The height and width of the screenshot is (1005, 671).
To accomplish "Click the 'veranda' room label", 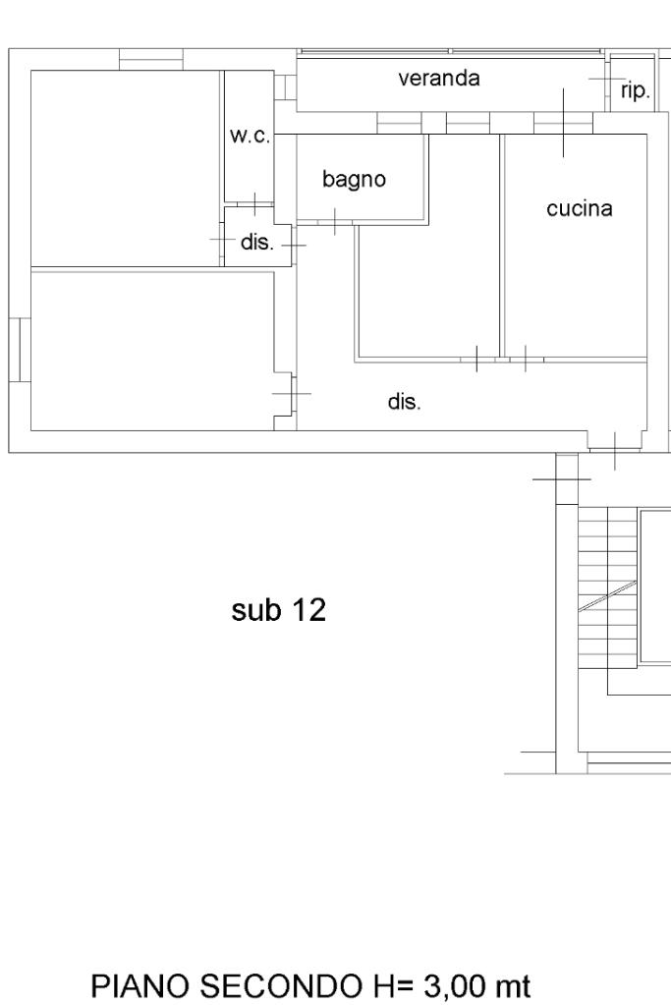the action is (439, 79).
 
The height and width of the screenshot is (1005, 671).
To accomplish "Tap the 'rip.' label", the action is (635, 91).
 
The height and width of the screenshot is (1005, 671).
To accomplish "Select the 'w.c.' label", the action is (250, 137).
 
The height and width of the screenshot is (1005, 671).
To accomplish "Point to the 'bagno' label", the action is (355, 180).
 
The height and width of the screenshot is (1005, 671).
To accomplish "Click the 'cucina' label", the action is (580, 208).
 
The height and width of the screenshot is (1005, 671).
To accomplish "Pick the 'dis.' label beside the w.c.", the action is (256, 243).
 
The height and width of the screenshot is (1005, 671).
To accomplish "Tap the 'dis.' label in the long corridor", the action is (405, 401).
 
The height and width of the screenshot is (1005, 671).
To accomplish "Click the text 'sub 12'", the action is (278, 611).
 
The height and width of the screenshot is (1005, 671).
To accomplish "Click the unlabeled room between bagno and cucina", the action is (427, 285).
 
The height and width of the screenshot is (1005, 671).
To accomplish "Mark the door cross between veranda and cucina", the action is (563, 122).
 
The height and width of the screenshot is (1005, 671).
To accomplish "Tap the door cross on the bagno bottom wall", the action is (334, 221).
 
